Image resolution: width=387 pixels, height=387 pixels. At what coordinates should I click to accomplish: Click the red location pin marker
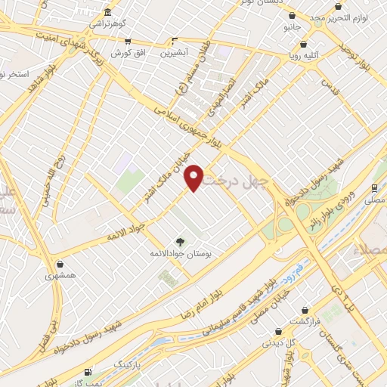pos(194,177)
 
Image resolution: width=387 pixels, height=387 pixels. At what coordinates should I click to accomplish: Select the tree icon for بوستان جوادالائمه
pos(180,242)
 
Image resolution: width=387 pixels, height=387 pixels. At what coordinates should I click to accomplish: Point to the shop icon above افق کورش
pos(127,42)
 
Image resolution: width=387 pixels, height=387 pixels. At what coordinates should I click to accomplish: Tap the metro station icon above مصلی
pos(376,187)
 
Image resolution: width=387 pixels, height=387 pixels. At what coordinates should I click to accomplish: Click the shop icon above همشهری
pos(60,265)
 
